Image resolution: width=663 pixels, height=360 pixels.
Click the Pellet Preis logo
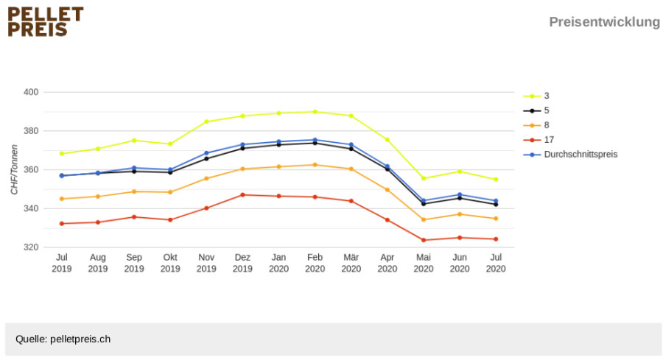click(x=46, y=21)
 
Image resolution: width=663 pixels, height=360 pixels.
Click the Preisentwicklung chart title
click(x=604, y=21)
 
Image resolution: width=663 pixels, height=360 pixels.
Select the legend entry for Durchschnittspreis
click(x=570, y=154)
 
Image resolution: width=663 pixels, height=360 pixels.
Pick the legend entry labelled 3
click(x=536, y=96)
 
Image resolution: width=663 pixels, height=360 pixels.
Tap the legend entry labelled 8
click(x=536, y=125)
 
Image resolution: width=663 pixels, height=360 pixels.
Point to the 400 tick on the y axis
click(x=31, y=92)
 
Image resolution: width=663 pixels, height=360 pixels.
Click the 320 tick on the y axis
click(x=31, y=247)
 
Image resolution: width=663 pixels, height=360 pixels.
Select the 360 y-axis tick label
click(x=31, y=169)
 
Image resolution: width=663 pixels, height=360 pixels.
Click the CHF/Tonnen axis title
click(x=15, y=169)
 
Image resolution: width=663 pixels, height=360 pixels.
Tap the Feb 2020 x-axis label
click(x=315, y=263)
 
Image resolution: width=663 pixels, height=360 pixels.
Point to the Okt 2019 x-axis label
click(x=170, y=263)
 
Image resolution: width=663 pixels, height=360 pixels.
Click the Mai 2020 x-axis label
click(x=424, y=263)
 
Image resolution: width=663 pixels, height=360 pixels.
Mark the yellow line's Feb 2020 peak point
click(x=315, y=112)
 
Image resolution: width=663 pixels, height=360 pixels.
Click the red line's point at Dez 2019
click(x=242, y=195)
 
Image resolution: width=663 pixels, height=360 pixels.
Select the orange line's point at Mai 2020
click(x=424, y=219)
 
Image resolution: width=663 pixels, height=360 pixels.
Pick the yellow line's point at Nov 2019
click(x=206, y=121)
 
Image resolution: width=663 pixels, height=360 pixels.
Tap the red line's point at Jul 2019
click(x=62, y=224)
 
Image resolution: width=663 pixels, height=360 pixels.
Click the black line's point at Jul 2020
click(x=496, y=205)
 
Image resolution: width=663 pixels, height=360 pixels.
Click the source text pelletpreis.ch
click(x=80, y=339)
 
